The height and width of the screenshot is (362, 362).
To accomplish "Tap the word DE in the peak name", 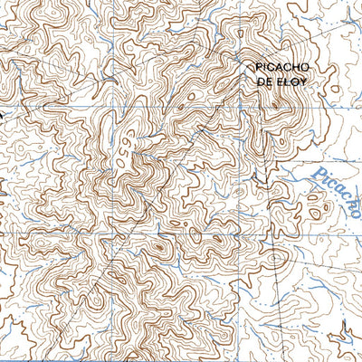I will (x=265, y=80).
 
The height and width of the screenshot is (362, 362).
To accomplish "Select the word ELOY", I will (x=290, y=80).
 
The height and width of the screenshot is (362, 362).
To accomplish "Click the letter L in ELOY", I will (x=286, y=80).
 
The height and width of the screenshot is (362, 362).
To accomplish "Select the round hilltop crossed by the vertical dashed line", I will (x=273, y=261).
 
